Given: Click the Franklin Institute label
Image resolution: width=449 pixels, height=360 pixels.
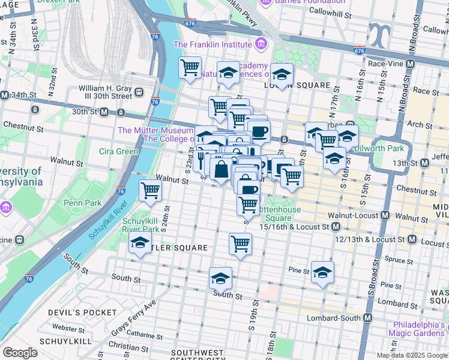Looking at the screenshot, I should pyautogui.click(x=212, y=44).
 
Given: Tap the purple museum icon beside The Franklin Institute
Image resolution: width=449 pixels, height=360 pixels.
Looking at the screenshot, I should pyautogui.click(x=261, y=44).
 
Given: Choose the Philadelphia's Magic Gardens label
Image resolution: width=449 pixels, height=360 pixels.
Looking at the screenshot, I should pyautogui.click(x=417, y=329).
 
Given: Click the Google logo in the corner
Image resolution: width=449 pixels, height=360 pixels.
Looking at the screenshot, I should pyautogui.click(x=20, y=353).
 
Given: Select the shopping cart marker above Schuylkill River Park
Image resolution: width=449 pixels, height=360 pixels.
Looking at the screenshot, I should pyautogui.click(x=150, y=191).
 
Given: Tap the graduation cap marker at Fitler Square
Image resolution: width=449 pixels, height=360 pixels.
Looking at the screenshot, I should pyautogui.click(x=140, y=242).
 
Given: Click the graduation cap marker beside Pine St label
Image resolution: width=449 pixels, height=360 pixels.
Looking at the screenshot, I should pyautogui.click(x=322, y=272).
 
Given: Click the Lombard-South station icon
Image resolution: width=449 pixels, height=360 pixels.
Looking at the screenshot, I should pyautogui.click(x=368, y=317).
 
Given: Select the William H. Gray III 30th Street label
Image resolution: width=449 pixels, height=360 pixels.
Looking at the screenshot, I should pyautogui.click(x=105, y=92).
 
